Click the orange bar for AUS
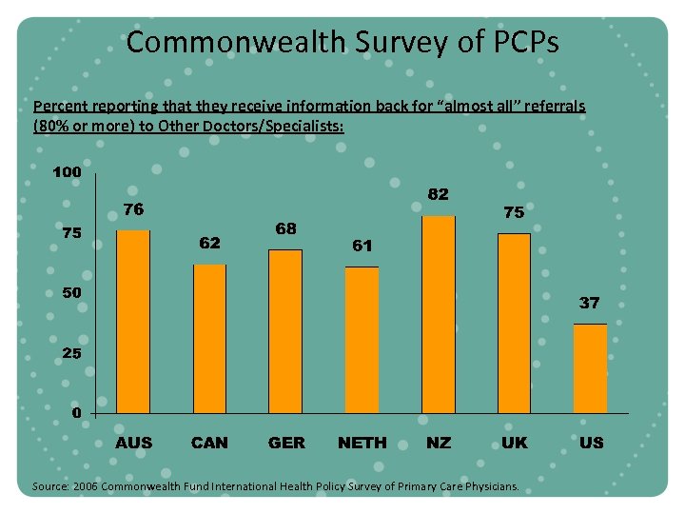133,321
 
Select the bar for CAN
209,338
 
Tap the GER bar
285,330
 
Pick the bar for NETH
362,339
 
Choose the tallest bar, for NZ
438,314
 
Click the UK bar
514,323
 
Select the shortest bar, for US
590,367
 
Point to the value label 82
438,194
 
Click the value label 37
590,303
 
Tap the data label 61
362,246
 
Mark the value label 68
285,228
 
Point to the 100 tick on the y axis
67,173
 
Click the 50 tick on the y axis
70,293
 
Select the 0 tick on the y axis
74,413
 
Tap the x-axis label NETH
362,443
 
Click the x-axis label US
591,443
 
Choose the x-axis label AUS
133,443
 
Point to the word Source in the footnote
49,486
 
